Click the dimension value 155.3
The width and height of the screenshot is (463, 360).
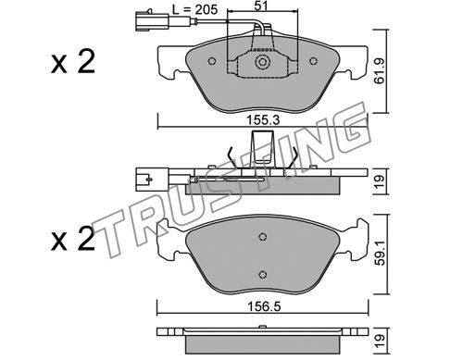263,120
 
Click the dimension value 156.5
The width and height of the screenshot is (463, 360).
264,307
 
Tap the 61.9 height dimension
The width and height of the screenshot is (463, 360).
379,71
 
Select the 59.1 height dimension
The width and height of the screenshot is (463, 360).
381,254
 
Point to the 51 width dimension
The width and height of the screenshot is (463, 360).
261,6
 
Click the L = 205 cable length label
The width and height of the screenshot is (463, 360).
194,9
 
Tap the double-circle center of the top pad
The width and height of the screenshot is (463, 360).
262,63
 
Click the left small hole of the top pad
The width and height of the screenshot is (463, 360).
212,61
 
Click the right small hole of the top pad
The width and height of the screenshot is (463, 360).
313,61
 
